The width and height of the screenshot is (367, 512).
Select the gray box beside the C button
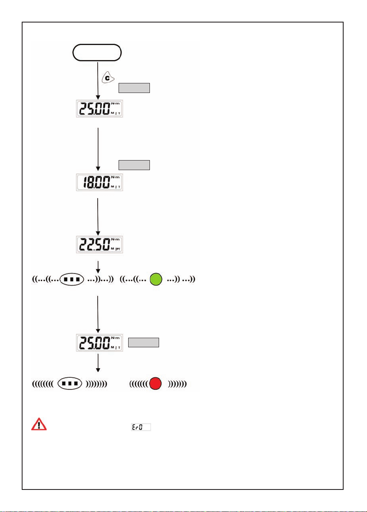[x=134, y=88]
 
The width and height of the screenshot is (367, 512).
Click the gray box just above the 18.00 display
[x=134, y=165]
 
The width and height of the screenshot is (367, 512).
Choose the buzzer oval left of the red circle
[x=69, y=383]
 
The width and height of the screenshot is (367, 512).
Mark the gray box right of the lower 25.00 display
[x=144, y=343]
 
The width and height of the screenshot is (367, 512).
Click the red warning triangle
[x=39, y=424]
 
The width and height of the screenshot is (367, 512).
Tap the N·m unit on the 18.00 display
[x=117, y=177]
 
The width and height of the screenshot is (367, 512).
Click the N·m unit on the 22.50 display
[x=117, y=239]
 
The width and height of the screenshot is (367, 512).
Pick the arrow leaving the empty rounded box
[x=97, y=82]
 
